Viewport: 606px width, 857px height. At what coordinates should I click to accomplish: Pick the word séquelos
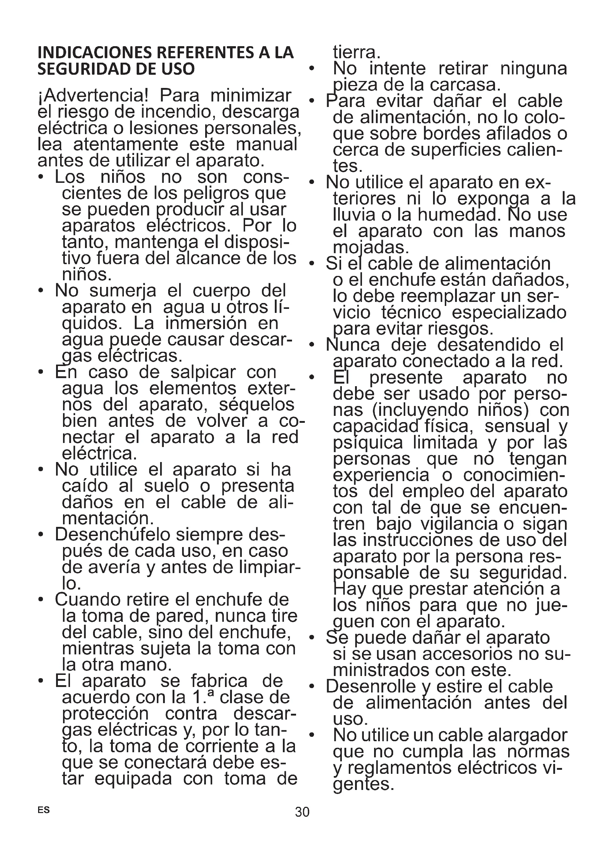[257, 405]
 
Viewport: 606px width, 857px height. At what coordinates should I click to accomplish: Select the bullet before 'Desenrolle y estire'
[312, 687]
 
